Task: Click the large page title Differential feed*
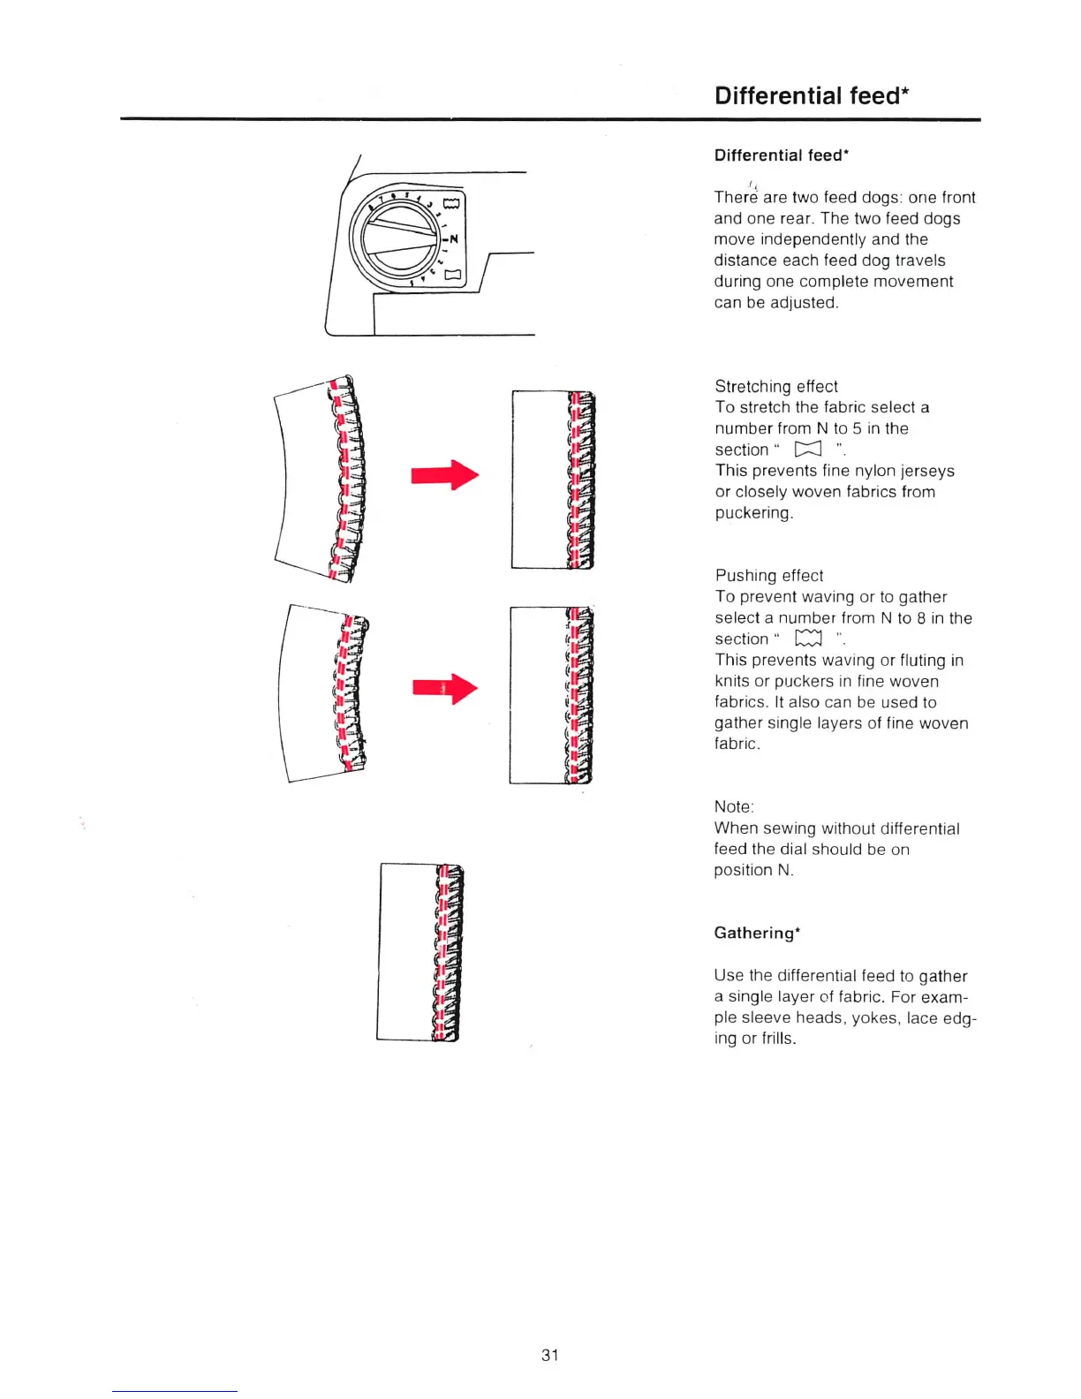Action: pyautogui.click(x=812, y=95)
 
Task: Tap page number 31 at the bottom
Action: pyautogui.click(x=550, y=1355)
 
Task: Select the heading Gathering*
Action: pyautogui.click(x=757, y=933)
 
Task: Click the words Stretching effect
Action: pyautogui.click(x=776, y=386)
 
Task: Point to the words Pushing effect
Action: pyautogui.click(x=769, y=576)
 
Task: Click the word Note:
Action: pyautogui.click(x=734, y=806)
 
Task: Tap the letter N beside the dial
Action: pyautogui.click(x=454, y=239)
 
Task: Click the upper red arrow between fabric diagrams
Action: pyautogui.click(x=444, y=475)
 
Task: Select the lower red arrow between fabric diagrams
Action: pyautogui.click(x=444, y=688)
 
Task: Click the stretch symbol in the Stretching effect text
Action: pyautogui.click(x=808, y=450)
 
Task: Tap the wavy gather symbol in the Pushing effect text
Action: pyautogui.click(x=808, y=639)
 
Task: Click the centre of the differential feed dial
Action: pyautogui.click(x=397, y=238)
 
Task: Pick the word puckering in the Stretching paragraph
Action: pyautogui.click(x=752, y=513)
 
